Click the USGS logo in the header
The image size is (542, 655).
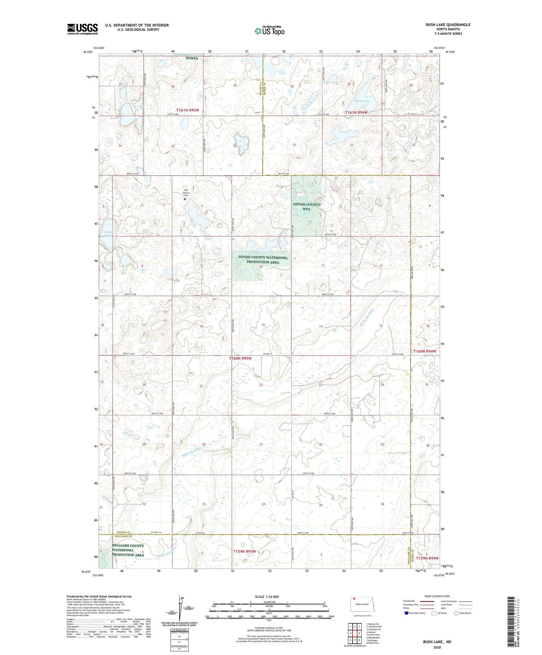coord(82,29)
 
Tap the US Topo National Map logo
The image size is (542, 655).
coord(269,31)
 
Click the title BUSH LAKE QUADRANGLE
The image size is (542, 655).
coord(448,25)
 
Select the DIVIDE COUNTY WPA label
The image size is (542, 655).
coord(306,207)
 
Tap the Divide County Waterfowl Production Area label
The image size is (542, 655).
coord(263,259)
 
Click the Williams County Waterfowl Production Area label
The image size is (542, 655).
coord(128,550)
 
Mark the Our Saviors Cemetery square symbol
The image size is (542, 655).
coord(185,199)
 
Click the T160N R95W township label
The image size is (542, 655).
coord(240,358)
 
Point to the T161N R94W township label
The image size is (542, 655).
coord(356,112)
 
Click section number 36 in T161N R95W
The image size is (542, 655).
coord(235,145)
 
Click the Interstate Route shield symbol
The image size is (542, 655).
coord(406,613)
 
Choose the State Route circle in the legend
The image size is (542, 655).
coord(456,613)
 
